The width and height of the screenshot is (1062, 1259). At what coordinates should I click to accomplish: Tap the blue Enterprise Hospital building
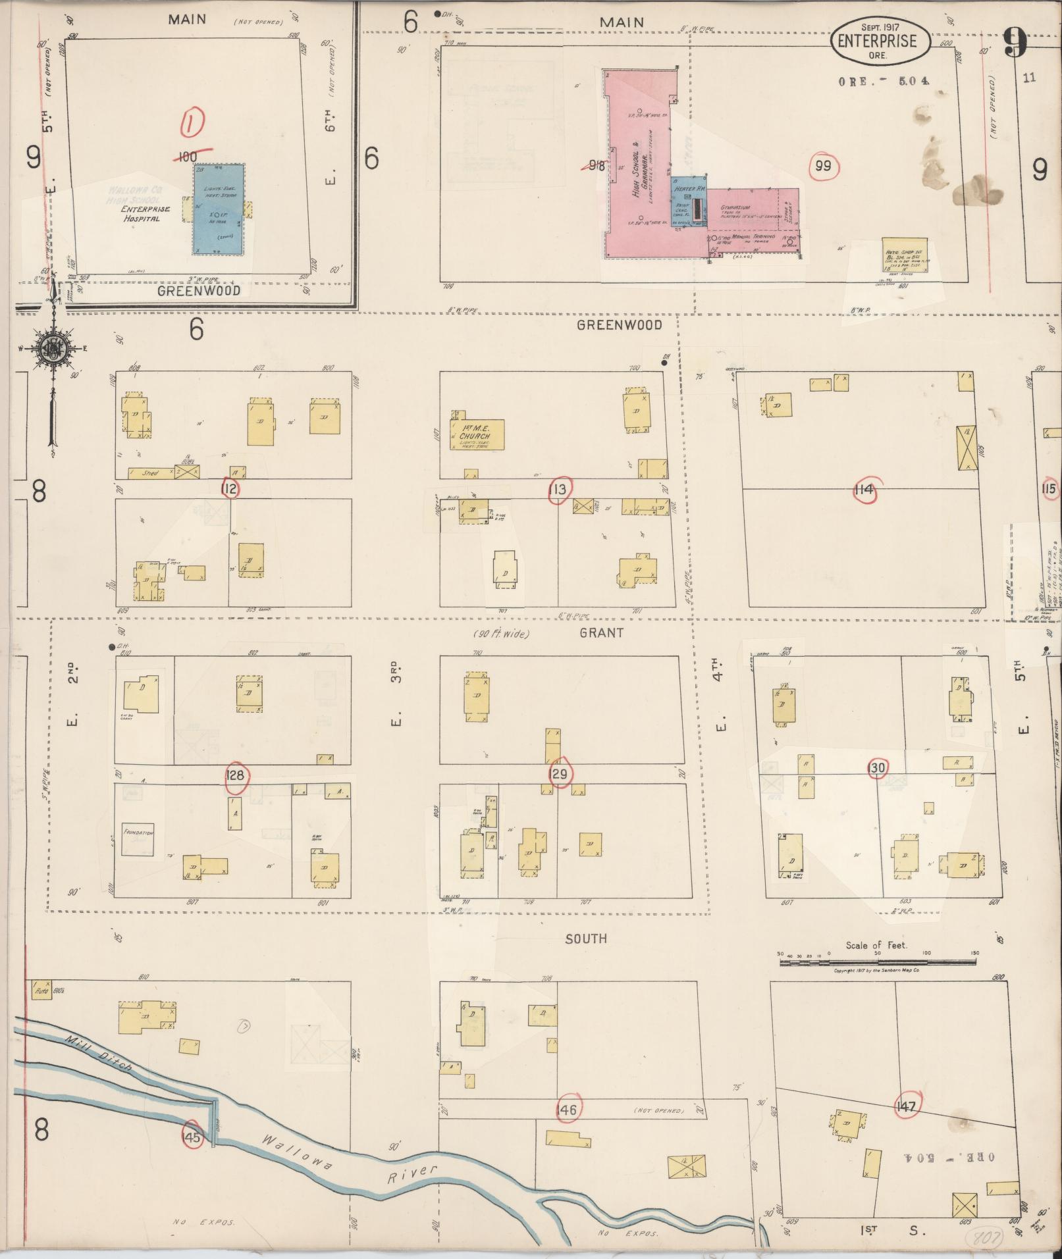coord(219,209)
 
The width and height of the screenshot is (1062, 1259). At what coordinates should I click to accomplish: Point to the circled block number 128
coord(234,775)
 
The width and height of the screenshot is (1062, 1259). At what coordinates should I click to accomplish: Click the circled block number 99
coord(823,166)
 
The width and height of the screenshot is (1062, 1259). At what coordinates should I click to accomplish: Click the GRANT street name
coord(601,632)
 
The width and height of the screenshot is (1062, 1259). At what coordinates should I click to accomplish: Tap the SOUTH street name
coord(585,938)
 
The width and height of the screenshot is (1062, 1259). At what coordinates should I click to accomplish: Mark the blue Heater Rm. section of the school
coord(689,201)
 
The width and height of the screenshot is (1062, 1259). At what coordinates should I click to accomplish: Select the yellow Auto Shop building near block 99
coord(903,255)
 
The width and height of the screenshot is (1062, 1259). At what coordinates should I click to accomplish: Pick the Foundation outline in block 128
coord(138,839)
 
